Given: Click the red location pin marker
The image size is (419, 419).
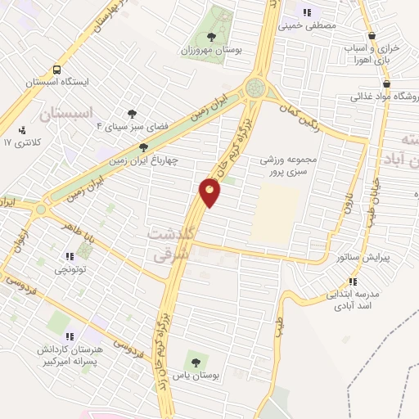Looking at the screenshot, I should point(210,191).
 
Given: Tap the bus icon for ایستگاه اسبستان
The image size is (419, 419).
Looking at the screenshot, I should point(56,70).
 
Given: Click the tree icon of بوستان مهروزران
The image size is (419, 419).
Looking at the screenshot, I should point(212,37).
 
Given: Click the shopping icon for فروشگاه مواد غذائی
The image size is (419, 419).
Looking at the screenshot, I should point(385,84).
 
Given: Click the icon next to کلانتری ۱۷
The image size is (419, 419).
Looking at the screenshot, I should point(21,129).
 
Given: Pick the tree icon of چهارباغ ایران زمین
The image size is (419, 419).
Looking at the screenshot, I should point(144,148).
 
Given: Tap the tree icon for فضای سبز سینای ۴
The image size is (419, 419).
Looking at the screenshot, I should point(131,114).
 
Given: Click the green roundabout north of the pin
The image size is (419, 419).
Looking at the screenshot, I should point(256,87).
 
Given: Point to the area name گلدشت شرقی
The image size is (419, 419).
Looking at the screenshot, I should point(171,244).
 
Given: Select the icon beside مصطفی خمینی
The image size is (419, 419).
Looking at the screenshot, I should point(307,13).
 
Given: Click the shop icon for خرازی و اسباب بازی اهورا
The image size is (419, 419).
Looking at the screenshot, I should point(372,36).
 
